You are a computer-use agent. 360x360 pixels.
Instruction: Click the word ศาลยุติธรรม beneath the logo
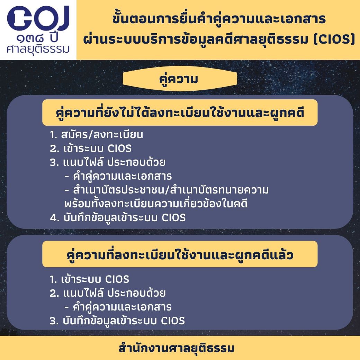tap(38, 49)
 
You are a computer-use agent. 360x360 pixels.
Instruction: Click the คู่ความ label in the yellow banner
tap(178, 79)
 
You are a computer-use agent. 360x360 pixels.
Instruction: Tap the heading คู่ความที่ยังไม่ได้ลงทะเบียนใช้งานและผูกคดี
tap(180, 113)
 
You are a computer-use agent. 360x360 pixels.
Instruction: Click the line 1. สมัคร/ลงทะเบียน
tap(97, 135)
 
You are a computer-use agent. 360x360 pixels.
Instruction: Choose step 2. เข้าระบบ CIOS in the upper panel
tap(91, 148)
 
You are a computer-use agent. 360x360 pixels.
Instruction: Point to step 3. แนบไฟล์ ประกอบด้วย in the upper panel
tap(107, 162)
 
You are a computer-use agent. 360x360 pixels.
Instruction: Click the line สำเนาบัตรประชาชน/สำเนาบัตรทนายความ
tap(166, 190)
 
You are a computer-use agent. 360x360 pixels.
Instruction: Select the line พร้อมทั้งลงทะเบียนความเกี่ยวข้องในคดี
tap(156, 204)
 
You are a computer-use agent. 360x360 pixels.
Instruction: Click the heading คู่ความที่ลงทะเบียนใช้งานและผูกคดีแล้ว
tap(180, 255)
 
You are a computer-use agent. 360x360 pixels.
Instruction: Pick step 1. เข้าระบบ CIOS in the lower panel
tap(89, 279)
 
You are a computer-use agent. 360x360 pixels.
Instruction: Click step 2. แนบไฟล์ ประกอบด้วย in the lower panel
tap(107, 293)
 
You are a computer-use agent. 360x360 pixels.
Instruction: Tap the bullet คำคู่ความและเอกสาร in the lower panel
tap(118, 307)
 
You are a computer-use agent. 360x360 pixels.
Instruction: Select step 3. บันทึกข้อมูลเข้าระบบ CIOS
tap(117, 321)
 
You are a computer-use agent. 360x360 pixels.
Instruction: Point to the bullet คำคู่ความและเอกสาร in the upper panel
tap(118, 176)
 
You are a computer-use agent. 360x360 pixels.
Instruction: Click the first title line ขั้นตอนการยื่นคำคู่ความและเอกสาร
tap(219, 19)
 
